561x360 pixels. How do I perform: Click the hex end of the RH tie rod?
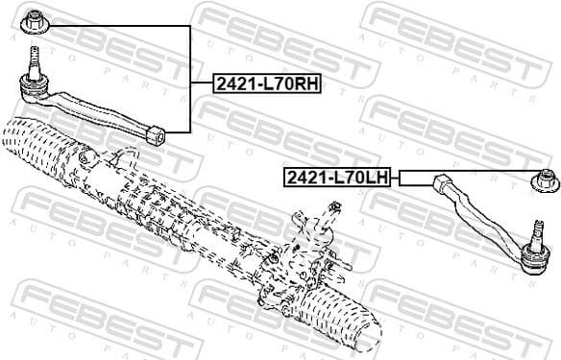pos(157,132)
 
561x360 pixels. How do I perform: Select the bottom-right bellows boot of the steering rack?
pos(336,322)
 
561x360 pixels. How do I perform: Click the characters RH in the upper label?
pos(305,84)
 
